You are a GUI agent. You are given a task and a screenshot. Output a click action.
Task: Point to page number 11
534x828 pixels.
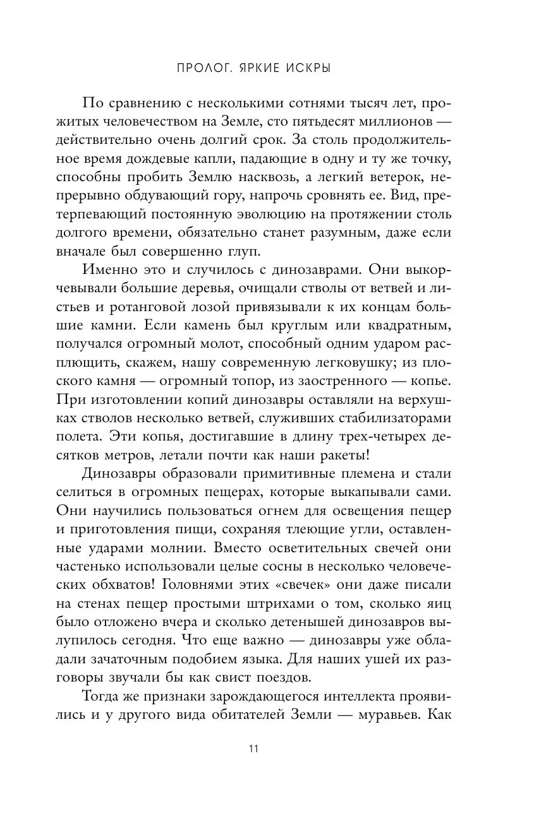click(253, 749)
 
